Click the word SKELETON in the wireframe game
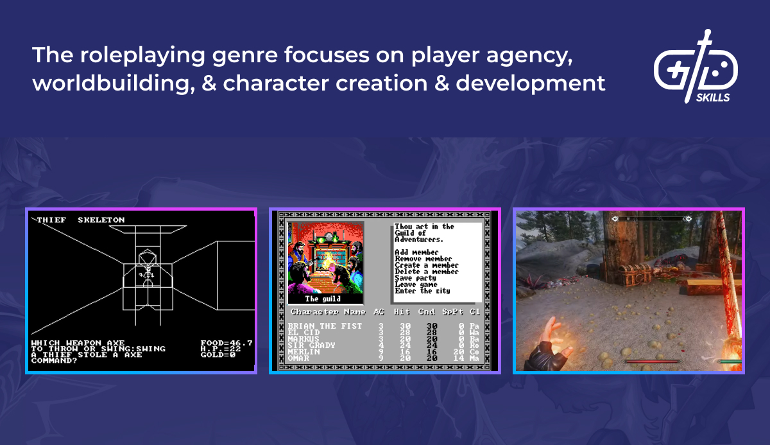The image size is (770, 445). pos(101,220)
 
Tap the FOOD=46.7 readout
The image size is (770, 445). pos(227,344)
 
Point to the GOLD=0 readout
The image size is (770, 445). pos(218,354)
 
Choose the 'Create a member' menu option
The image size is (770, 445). pos(427,265)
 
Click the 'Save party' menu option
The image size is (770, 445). pos(415,278)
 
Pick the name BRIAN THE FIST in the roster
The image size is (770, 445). pos(325,326)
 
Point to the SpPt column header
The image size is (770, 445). pos(453,312)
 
